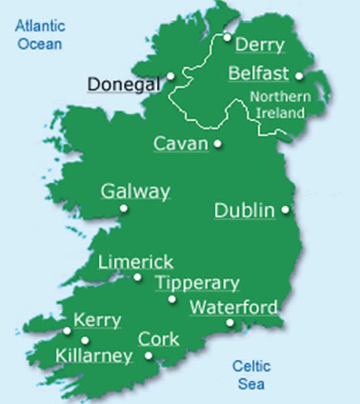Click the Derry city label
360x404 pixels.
(x=259, y=46)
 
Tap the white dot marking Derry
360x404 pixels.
(x=228, y=38)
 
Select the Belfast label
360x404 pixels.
(x=259, y=74)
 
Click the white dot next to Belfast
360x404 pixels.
(x=299, y=75)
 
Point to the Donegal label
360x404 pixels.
(x=123, y=84)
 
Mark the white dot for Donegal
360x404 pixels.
(x=170, y=75)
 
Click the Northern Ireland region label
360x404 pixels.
(x=276, y=105)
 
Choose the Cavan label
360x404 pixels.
(x=181, y=144)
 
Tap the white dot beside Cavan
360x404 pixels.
(x=218, y=145)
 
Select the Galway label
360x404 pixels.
(x=135, y=192)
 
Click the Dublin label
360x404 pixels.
(x=245, y=210)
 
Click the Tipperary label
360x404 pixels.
(x=197, y=283)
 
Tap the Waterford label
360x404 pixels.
(x=234, y=307)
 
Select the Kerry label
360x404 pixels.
(x=95, y=321)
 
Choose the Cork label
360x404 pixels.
(x=158, y=338)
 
